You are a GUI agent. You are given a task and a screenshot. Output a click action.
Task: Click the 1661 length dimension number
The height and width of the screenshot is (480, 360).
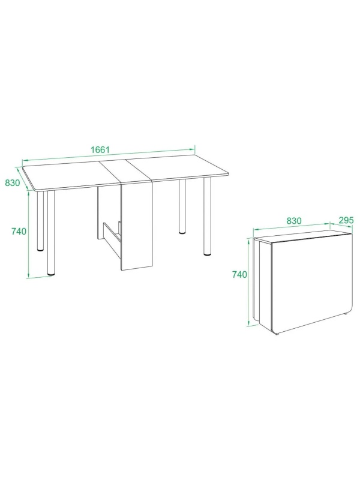click(x=100, y=149)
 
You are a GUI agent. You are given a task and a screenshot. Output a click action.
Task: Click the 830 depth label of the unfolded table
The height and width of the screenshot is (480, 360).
click(x=12, y=183)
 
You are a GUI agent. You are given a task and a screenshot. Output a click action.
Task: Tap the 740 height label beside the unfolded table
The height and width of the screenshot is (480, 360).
click(x=19, y=232)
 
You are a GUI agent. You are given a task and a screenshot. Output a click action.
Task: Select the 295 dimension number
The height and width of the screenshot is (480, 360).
click(x=346, y=220)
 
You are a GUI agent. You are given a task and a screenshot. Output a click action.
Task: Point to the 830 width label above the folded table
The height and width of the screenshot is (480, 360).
click(x=294, y=221)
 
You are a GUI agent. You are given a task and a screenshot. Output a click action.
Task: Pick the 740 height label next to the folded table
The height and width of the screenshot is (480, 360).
click(x=239, y=275)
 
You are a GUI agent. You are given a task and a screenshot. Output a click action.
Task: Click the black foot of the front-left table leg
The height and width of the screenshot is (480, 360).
click(x=51, y=273)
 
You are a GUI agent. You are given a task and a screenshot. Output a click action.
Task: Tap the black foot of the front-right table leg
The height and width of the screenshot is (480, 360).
click(x=207, y=254)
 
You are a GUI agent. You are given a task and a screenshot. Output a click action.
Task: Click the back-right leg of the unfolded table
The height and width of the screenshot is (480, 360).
click(x=182, y=206)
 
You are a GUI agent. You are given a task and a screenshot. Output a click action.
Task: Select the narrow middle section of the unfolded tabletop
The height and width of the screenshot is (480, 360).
click(x=125, y=172)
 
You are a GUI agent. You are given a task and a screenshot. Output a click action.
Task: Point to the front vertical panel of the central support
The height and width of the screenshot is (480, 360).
click(x=137, y=227)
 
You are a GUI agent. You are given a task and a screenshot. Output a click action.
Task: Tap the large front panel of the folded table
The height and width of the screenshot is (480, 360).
click(x=311, y=283)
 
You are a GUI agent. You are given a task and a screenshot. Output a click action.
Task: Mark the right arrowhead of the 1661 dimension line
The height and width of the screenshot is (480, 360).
click(x=193, y=149)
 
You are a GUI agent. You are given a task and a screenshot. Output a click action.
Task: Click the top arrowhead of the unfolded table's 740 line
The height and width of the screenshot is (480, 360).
click(x=28, y=193)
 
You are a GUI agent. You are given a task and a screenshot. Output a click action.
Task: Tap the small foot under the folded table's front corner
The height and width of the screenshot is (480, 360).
click(x=277, y=334)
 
